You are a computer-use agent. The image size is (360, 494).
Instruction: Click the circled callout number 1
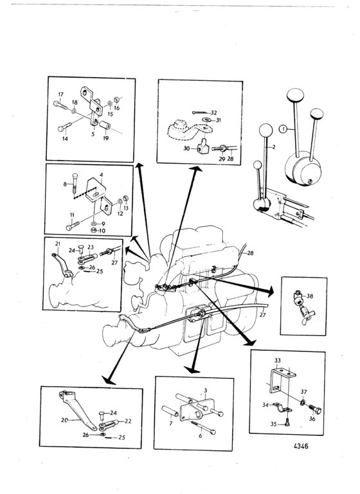[283, 128]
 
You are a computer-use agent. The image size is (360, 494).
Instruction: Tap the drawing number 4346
[301, 446]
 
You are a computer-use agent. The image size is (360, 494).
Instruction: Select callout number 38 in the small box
[310, 296]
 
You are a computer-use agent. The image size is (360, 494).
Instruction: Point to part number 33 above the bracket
[278, 360]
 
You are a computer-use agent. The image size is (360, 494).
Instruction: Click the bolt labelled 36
[315, 410]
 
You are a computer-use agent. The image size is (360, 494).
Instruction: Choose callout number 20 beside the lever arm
[64, 420]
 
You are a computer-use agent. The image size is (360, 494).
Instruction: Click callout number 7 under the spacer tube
[170, 423]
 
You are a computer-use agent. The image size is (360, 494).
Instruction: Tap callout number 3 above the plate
[205, 391]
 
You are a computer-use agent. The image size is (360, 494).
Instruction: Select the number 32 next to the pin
[213, 112]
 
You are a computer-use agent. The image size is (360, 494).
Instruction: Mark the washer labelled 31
[206, 119]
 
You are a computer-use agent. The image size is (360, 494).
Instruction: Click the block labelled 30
[202, 146]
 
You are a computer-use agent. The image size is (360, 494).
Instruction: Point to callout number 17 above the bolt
[61, 94]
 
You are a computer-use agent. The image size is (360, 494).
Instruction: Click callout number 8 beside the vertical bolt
[65, 184]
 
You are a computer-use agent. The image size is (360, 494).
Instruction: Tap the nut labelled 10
[93, 231]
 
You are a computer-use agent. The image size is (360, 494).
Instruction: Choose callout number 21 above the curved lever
[57, 243]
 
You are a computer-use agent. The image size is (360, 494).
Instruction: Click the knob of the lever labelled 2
[265, 130]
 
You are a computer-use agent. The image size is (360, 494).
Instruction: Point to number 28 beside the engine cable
[250, 253]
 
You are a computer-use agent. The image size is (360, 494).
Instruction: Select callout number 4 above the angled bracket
[101, 175]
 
